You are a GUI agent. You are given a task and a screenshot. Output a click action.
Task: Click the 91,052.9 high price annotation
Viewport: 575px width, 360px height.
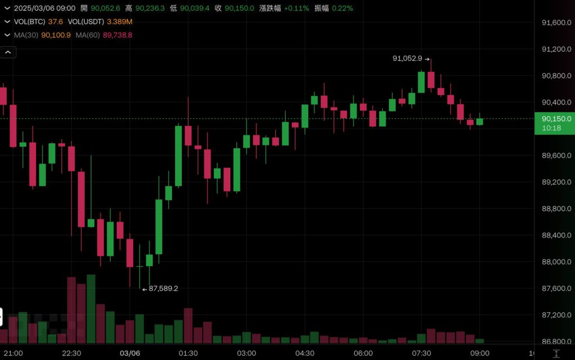pyautogui.click(x=408, y=58)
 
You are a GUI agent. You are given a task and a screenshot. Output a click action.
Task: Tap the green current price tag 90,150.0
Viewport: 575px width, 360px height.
pyautogui.click(x=556, y=119)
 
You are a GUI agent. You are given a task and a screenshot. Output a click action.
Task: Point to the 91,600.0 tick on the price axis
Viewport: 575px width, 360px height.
pyautogui.click(x=556, y=22)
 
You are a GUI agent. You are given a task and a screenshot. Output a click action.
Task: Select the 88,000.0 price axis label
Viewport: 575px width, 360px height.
pyautogui.click(x=556, y=262)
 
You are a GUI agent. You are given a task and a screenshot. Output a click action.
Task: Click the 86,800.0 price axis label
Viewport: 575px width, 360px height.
pyautogui.click(x=556, y=341)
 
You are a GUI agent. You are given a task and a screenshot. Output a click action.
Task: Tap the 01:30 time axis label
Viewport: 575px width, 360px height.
pyautogui.click(x=188, y=353)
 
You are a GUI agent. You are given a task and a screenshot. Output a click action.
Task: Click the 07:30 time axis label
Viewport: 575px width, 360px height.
pyautogui.click(x=421, y=353)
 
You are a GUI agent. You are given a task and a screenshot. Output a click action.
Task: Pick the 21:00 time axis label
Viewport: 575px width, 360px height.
pyautogui.click(x=13, y=353)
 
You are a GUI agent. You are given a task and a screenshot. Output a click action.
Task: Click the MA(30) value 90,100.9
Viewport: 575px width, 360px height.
pyautogui.click(x=56, y=35)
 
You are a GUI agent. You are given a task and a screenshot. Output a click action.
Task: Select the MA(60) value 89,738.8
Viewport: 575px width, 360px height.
pyautogui.click(x=117, y=35)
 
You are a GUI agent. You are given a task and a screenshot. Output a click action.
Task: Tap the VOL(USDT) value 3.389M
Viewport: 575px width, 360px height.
pyautogui.click(x=120, y=21)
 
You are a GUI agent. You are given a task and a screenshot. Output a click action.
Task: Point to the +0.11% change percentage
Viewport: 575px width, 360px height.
pyautogui.click(x=296, y=8)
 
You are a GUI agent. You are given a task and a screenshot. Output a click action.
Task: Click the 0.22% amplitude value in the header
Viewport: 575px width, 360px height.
pyautogui.click(x=343, y=8)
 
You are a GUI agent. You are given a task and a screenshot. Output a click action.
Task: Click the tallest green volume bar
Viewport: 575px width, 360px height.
pyautogui.click(x=91, y=309)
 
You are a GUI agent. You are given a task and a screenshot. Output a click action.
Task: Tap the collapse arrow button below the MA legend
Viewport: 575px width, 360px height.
pyautogui.click(x=8, y=53)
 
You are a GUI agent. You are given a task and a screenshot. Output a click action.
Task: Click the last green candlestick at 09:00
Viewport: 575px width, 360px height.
pyautogui.click(x=480, y=121)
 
